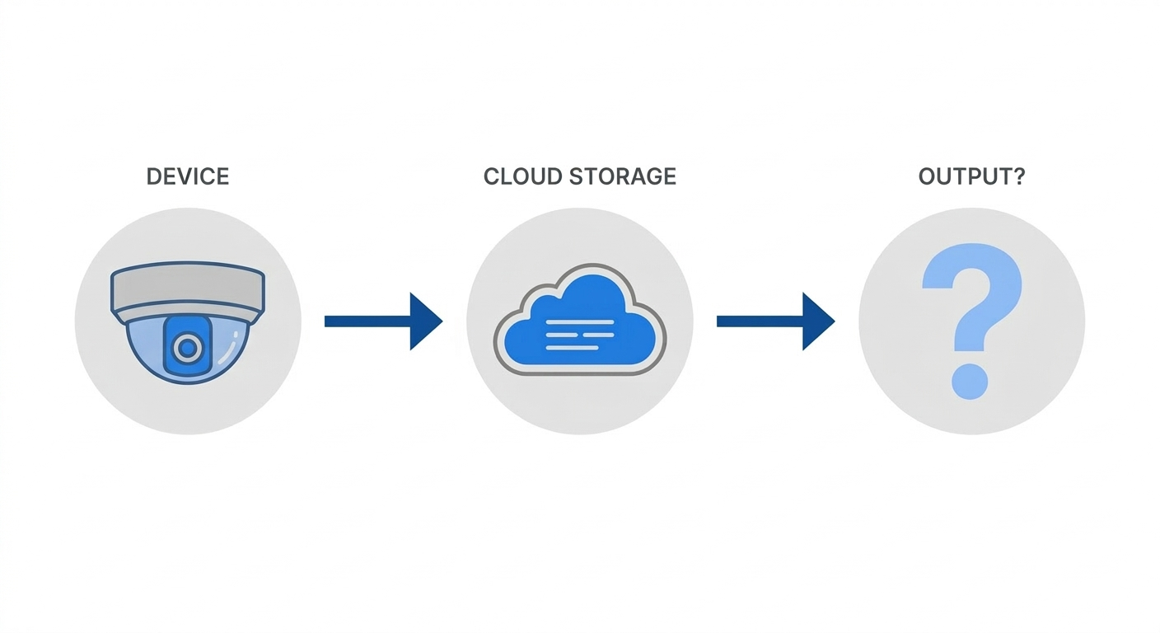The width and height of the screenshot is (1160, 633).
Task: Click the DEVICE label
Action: coord(188,176)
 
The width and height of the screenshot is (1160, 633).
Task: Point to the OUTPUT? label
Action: coord(971,176)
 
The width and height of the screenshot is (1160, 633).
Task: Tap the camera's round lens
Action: coord(188,349)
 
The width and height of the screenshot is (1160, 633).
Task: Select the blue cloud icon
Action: coord(579,321)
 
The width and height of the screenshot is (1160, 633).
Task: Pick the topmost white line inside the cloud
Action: coord(580,321)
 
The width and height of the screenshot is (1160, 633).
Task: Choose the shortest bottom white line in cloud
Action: coord(572,347)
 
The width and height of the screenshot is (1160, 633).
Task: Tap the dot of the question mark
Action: coord(970,381)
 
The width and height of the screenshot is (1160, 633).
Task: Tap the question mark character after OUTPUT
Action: coord(1019,176)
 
